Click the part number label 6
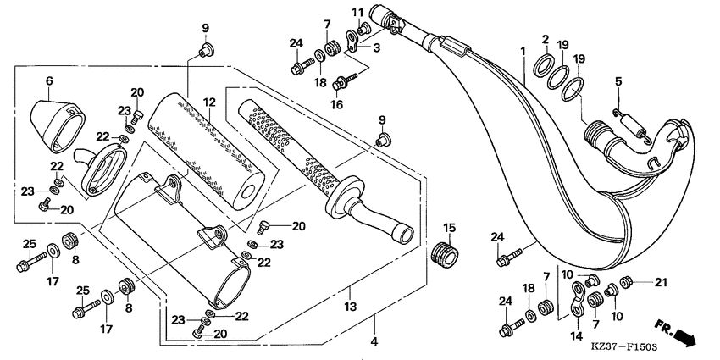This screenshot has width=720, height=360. (48, 80)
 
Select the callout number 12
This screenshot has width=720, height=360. (209, 102)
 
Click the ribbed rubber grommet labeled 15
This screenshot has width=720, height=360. (446, 253)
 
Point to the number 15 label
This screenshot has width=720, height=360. (450, 227)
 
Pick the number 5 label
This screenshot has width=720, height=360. (618, 81)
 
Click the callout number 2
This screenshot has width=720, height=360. (546, 39)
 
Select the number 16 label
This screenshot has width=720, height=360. (337, 105)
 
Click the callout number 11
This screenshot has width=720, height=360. (357, 12)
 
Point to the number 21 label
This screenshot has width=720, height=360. (661, 281)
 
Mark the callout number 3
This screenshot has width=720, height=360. (376, 49)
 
